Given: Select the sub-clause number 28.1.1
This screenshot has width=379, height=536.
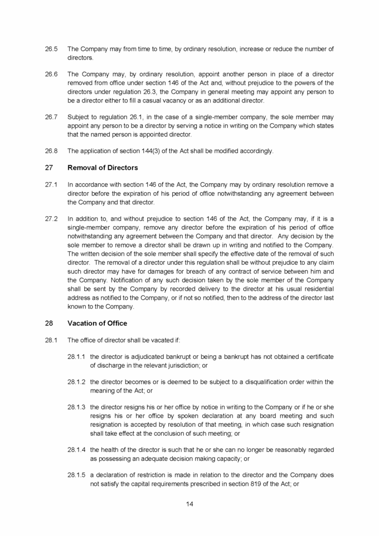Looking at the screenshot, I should pyautogui.click(x=77, y=357).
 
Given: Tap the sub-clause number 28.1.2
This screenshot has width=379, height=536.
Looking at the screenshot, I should pyautogui.click(x=77, y=382).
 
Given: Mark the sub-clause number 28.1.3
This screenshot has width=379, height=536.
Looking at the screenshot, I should pyautogui.click(x=77, y=408).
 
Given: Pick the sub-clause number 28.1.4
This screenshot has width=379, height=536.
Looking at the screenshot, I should pyautogui.click(x=77, y=450).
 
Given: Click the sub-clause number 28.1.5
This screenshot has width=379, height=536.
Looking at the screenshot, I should pyautogui.click(x=77, y=476).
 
